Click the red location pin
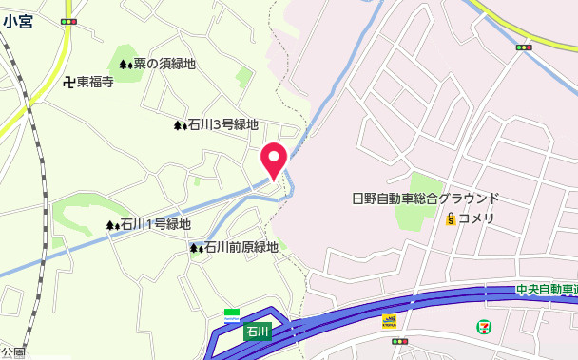tap(274, 160)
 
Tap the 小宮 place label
tap(17, 22)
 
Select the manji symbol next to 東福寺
tap(68, 82)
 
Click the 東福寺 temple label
tap(95, 82)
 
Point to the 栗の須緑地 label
tap(164, 64)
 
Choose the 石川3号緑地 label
tap(222, 124)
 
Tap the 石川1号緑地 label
tap(155, 225)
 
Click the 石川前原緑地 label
tap(241, 247)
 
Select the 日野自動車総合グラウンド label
tap(425, 199)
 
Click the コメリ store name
tap(476, 218)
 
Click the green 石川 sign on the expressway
tap(258, 332)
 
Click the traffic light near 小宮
tap(67, 20)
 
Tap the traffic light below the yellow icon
tap(399, 341)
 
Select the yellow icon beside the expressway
tap(389, 321)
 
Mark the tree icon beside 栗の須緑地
tap(125, 65)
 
